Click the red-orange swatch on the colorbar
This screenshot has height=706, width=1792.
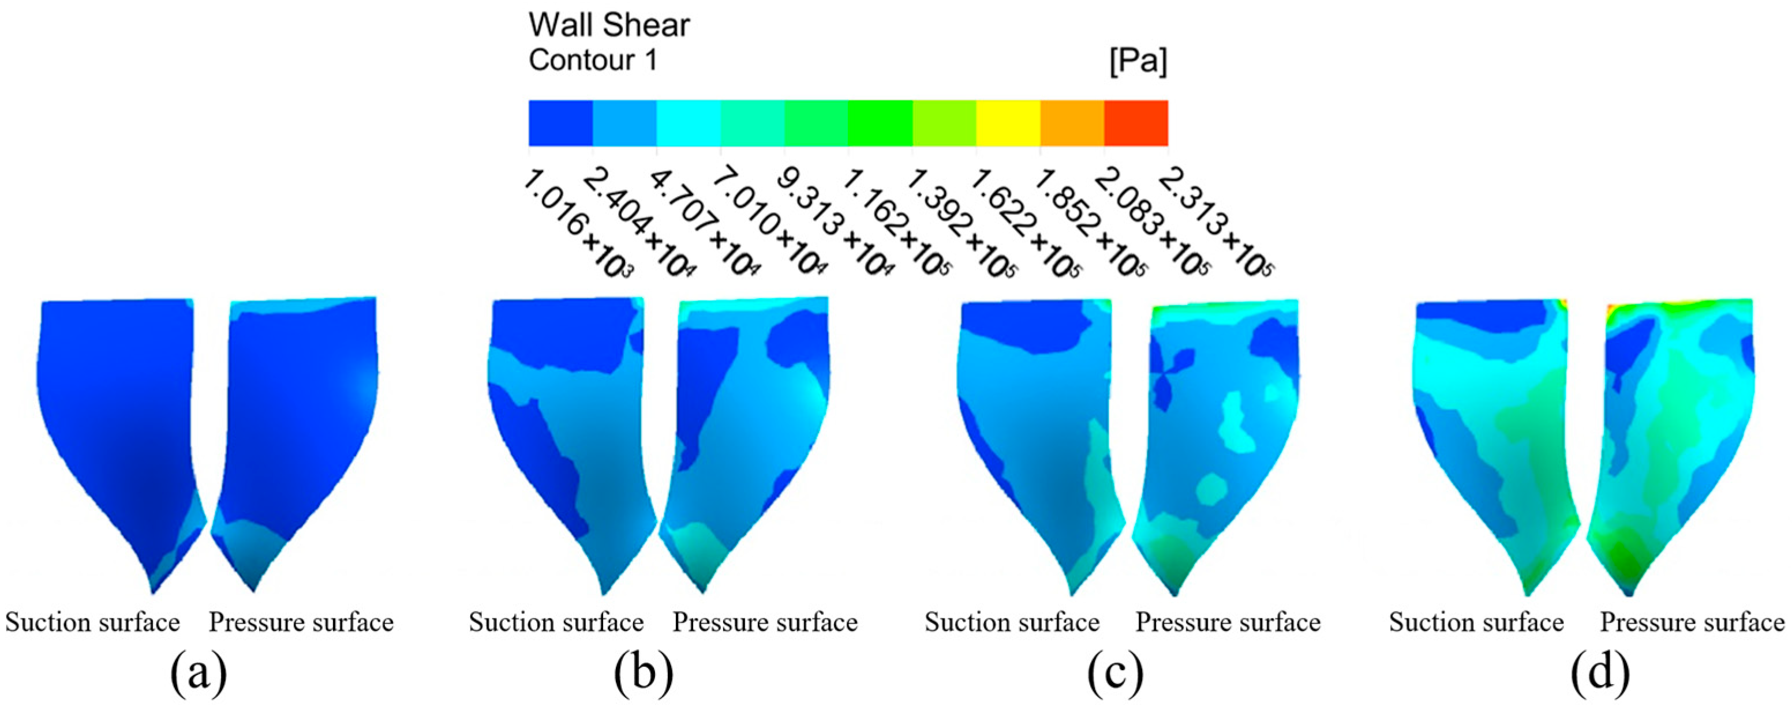tap(1135, 123)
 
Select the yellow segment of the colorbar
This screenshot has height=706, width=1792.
tap(1008, 123)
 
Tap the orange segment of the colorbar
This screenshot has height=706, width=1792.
tap(1072, 123)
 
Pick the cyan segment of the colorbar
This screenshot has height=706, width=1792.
tap(688, 123)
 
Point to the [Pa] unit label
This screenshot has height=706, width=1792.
tap(1138, 62)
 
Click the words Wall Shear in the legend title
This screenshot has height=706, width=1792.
tap(609, 26)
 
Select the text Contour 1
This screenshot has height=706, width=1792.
tap(593, 61)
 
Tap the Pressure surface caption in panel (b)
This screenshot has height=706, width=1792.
tap(765, 622)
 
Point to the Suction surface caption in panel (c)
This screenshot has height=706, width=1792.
tap(1012, 622)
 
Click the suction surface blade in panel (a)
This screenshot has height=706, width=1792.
tap(118, 418)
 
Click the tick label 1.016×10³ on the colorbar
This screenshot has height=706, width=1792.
tap(577, 226)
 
